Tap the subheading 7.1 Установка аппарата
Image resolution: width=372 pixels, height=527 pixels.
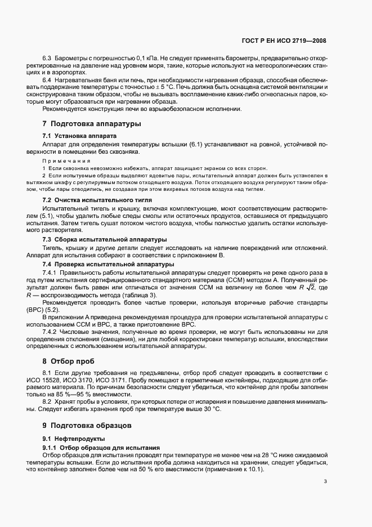click(80, 136)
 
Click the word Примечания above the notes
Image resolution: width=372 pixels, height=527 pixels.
click(59, 161)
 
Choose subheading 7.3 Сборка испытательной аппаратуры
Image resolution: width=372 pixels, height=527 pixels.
click(102, 239)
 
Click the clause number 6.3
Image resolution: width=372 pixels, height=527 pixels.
click(47, 59)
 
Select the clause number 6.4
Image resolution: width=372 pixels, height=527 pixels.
click(47, 81)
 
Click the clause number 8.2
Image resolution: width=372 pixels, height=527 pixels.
click(47, 403)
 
